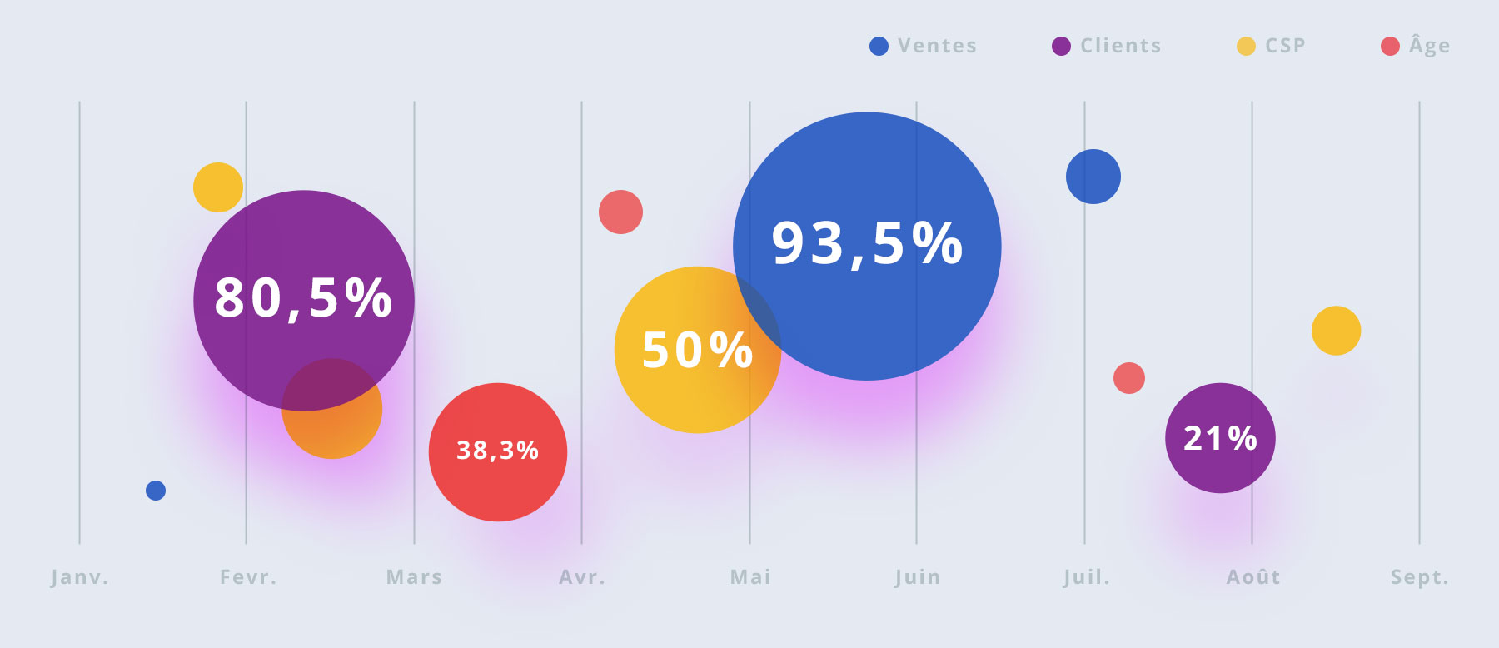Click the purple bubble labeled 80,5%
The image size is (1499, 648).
click(304, 301)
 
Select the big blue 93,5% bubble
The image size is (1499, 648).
click(867, 247)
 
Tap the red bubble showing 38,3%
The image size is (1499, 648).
click(498, 452)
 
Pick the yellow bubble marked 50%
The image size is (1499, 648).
click(698, 350)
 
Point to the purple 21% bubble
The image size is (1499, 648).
click(1220, 438)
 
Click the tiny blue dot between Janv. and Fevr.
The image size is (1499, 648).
click(156, 491)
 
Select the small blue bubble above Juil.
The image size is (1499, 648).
click(1093, 177)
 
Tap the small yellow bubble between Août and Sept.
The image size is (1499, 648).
click(1337, 331)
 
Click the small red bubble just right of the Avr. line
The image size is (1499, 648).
click(620, 212)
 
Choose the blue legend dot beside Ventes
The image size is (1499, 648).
click(879, 46)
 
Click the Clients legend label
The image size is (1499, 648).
click(1121, 46)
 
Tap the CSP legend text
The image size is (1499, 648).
click(1285, 46)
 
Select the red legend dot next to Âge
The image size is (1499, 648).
click(1390, 46)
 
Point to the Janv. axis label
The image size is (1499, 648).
click(80, 577)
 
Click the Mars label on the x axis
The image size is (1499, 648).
click(414, 577)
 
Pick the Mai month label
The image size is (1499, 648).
click(750, 577)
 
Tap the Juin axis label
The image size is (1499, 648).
click(918, 577)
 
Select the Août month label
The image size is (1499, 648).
click(1253, 577)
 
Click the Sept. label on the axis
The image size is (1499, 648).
click(1420, 577)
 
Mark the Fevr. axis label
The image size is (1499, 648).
click(248, 577)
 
